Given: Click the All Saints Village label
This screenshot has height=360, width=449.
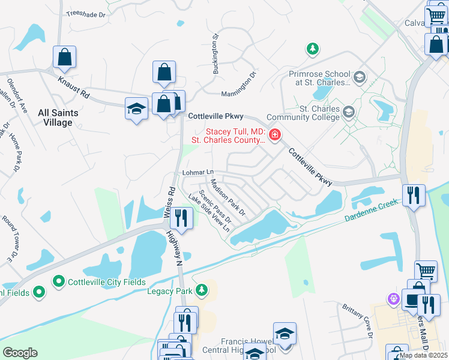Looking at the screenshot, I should [55, 117].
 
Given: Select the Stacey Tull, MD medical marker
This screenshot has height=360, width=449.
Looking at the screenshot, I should [275, 134].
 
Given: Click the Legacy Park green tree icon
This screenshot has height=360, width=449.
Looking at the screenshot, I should [202, 291].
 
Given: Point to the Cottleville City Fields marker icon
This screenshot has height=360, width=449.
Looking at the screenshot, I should [59, 281].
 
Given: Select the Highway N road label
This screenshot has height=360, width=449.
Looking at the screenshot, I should [175, 248].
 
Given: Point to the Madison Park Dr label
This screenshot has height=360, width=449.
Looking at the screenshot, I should [229, 199].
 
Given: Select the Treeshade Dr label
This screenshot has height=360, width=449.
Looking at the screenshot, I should [85, 12].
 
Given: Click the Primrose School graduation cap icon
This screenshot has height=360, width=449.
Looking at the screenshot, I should [359, 77].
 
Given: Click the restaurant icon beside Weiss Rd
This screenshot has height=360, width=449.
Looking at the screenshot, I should [181, 218].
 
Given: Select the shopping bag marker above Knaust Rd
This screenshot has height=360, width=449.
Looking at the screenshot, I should [65, 58].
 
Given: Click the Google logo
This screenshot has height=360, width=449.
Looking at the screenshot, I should [20, 353].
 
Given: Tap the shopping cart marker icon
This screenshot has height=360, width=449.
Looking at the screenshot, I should [426, 271].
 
